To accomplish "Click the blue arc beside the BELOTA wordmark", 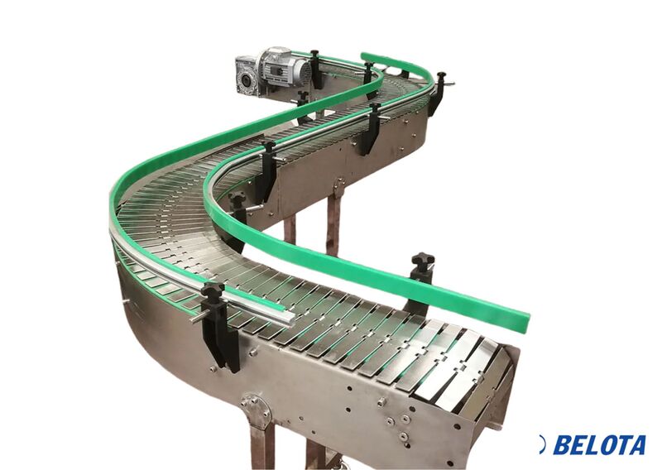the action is click(543, 444).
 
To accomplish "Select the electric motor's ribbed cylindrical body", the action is click(284, 70).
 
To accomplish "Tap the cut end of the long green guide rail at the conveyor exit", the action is click(526, 321).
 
